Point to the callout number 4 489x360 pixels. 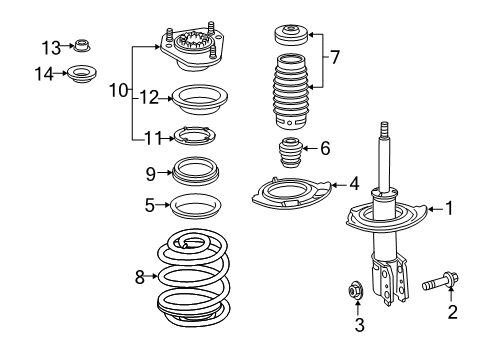tap(354, 183)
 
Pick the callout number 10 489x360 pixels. tap(118, 90)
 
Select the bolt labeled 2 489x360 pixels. tap(427, 295)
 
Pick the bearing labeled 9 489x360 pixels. tap(197, 172)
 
